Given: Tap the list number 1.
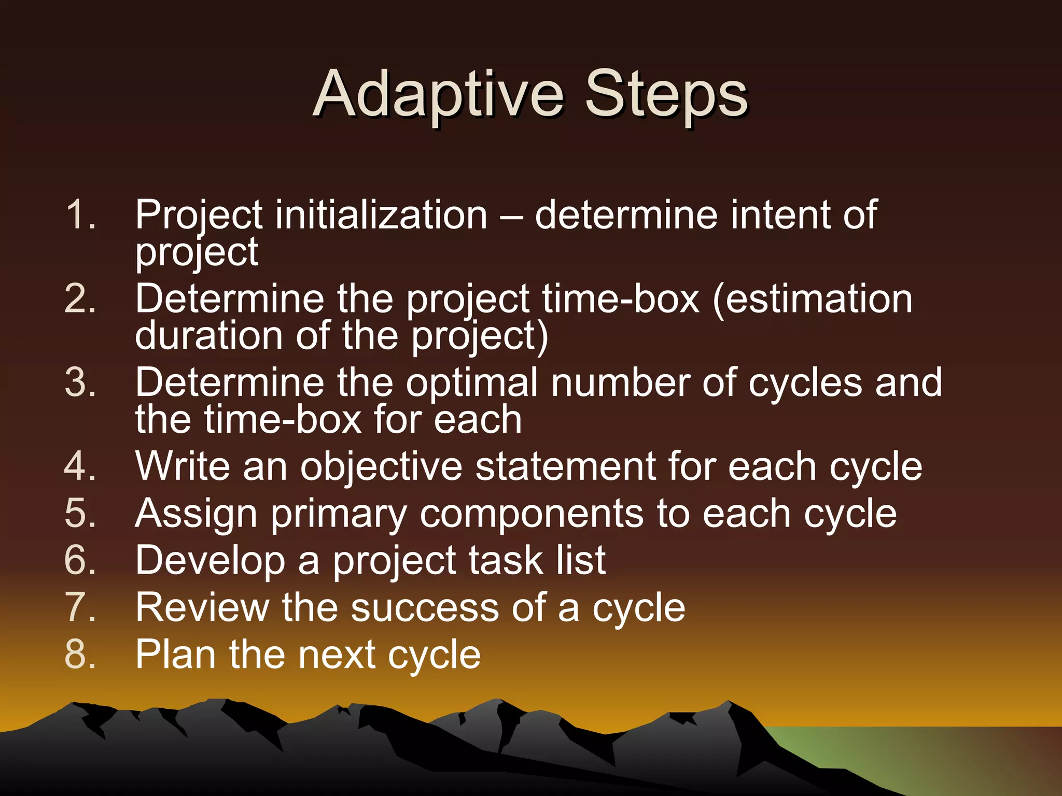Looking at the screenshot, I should pos(80,215).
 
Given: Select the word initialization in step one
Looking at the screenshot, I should pos(381,215).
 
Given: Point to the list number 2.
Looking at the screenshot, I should pos(80,299).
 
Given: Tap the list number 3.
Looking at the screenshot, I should pos(80,382).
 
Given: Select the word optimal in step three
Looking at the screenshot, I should pos(472,382).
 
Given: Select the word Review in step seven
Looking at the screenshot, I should pos(202,607).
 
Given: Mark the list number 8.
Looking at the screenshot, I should pos(80,654).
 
